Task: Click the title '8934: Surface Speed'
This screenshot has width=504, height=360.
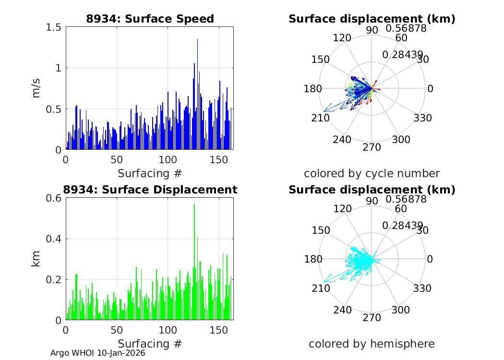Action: pyautogui.click(x=150, y=19)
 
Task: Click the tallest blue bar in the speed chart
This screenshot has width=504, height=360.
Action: pyautogui.click(x=197, y=96)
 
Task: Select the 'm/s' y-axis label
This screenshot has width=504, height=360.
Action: pyautogui.click(x=36, y=88)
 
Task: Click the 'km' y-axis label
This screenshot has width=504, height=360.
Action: pyautogui.click(x=36, y=259)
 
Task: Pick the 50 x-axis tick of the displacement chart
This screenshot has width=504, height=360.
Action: pyautogui.click(x=117, y=330)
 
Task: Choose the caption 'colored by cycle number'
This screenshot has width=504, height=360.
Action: pyautogui.click(x=372, y=173)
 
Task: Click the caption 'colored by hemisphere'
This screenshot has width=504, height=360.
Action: pyautogui.click(x=372, y=344)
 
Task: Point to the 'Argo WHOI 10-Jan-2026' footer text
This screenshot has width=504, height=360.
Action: pyautogui.click(x=98, y=353)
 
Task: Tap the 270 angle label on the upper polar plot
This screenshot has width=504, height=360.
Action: pyautogui.click(x=372, y=147)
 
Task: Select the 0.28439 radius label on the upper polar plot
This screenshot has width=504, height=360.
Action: pyautogui.click(x=403, y=55)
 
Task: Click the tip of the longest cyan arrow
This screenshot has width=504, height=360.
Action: pyautogui.click(x=324, y=282)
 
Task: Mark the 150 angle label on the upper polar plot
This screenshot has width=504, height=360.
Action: pyautogui.click(x=320, y=60)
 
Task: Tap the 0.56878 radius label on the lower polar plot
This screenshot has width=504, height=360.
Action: pyautogui.click(x=406, y=199)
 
